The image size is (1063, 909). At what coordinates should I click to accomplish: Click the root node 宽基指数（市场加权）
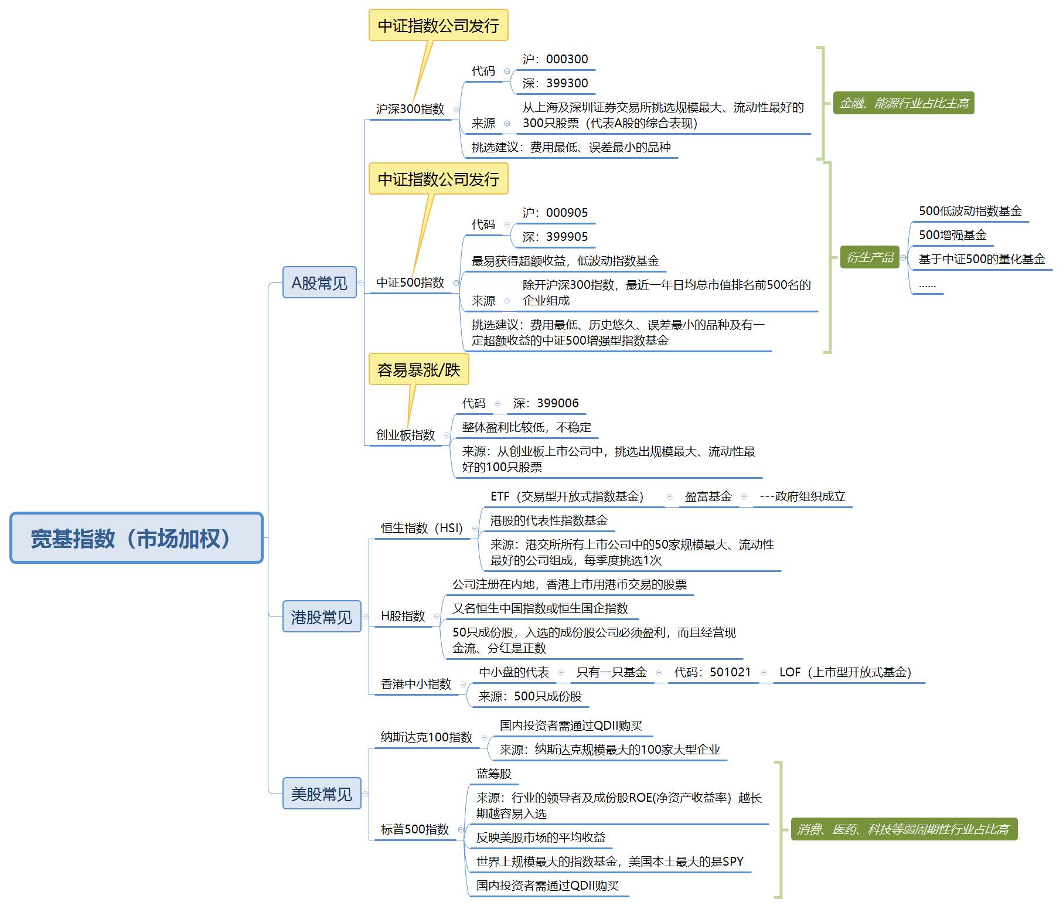(x=136, y=538)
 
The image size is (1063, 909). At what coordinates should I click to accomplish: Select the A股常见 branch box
(x=319, y=282)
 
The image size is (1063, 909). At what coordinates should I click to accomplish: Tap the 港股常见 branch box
(x=321, y=617)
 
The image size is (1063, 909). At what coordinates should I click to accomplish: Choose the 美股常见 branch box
(x=321, y=794)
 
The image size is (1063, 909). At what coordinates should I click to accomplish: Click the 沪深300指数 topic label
(x=410, y=109)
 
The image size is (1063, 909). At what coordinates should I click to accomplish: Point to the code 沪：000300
(x=555, y=59)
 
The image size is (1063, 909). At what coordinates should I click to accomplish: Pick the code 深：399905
(x=555, y=237)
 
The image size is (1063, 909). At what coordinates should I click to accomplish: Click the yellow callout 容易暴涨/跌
(x=418, y=370)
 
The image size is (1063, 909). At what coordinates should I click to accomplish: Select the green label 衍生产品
(x=870, y=257)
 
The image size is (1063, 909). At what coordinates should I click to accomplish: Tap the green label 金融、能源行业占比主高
(x=903, y=104)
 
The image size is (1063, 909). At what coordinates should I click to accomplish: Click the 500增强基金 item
(x=952, y=235)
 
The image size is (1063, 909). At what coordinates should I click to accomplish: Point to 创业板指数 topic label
(x=406, y=435)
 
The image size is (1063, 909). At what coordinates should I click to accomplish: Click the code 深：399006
(x=546, y=403)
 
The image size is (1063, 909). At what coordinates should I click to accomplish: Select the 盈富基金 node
(x=708, y=496)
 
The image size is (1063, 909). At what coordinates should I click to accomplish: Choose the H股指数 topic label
(x=403, y=616)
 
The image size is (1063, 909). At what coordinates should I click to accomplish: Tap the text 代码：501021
(x=712, y=672)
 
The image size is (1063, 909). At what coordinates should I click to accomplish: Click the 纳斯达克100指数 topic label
(x=426, y=737)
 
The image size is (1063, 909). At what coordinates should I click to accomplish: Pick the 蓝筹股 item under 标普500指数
(x=493, y=774)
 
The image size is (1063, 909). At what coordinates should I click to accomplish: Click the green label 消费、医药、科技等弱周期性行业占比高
(x=903, y=829)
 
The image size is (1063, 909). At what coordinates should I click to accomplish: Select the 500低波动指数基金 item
(x=970, y=211)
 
